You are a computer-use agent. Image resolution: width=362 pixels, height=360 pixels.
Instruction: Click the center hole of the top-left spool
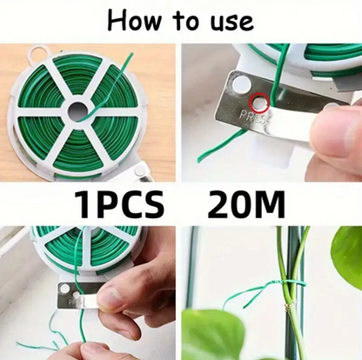pos(78,110)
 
